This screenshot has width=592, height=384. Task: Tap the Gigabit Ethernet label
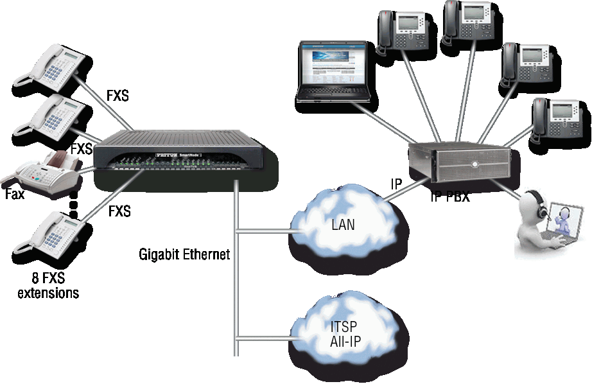click(184, 254)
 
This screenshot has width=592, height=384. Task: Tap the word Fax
click(14, 194)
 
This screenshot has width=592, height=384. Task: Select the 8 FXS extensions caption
click(48, 287)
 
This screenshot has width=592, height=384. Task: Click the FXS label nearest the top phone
click(118, 97)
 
